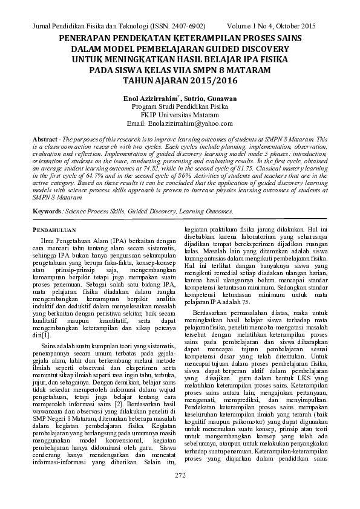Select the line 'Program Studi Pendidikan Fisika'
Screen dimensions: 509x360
[x=180, y=106]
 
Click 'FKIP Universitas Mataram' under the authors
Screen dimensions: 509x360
[x=180, y=115]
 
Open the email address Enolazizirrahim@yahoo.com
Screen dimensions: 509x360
[x=194, y=123]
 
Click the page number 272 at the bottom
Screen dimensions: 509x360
[x=180, y=493]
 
